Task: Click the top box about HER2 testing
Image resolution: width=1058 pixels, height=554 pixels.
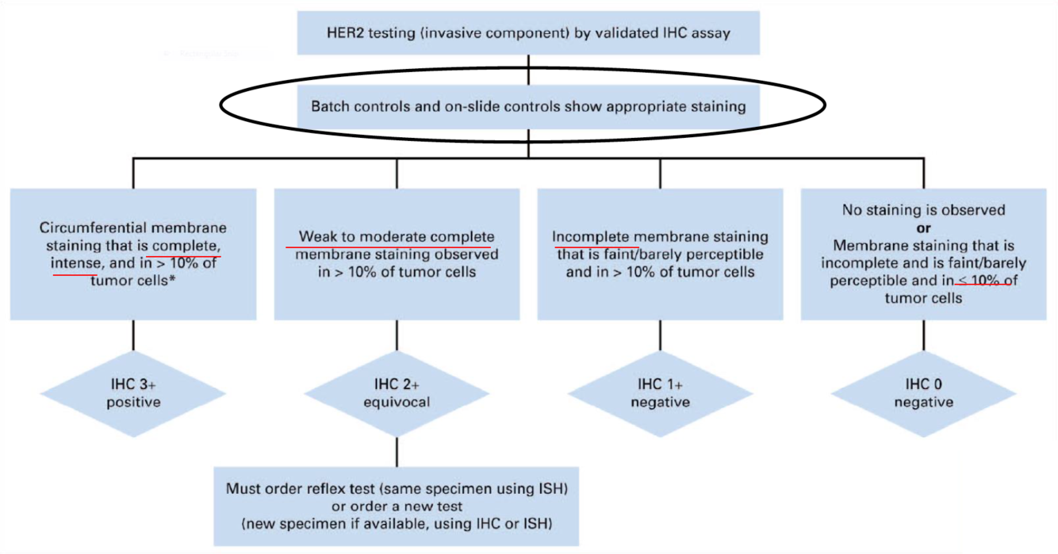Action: point(528,34)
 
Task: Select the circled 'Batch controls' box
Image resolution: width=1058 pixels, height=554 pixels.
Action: point(528,105)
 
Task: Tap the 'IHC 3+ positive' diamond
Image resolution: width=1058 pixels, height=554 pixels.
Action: point(132,393)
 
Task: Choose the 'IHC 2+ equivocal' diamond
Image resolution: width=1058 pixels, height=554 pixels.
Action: point(396,393)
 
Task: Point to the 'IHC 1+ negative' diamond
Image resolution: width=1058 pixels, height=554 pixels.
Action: point(660,393)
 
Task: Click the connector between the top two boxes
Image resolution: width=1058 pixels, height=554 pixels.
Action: point(529,69)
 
